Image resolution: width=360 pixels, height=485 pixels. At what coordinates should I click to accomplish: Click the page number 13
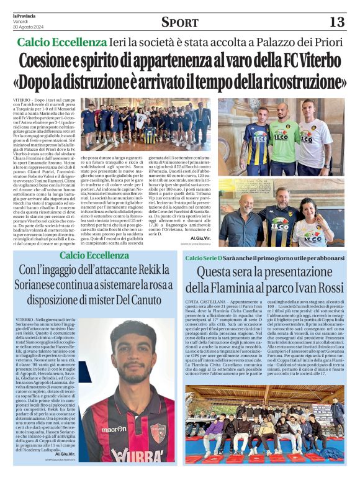click(x=336, y=22)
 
